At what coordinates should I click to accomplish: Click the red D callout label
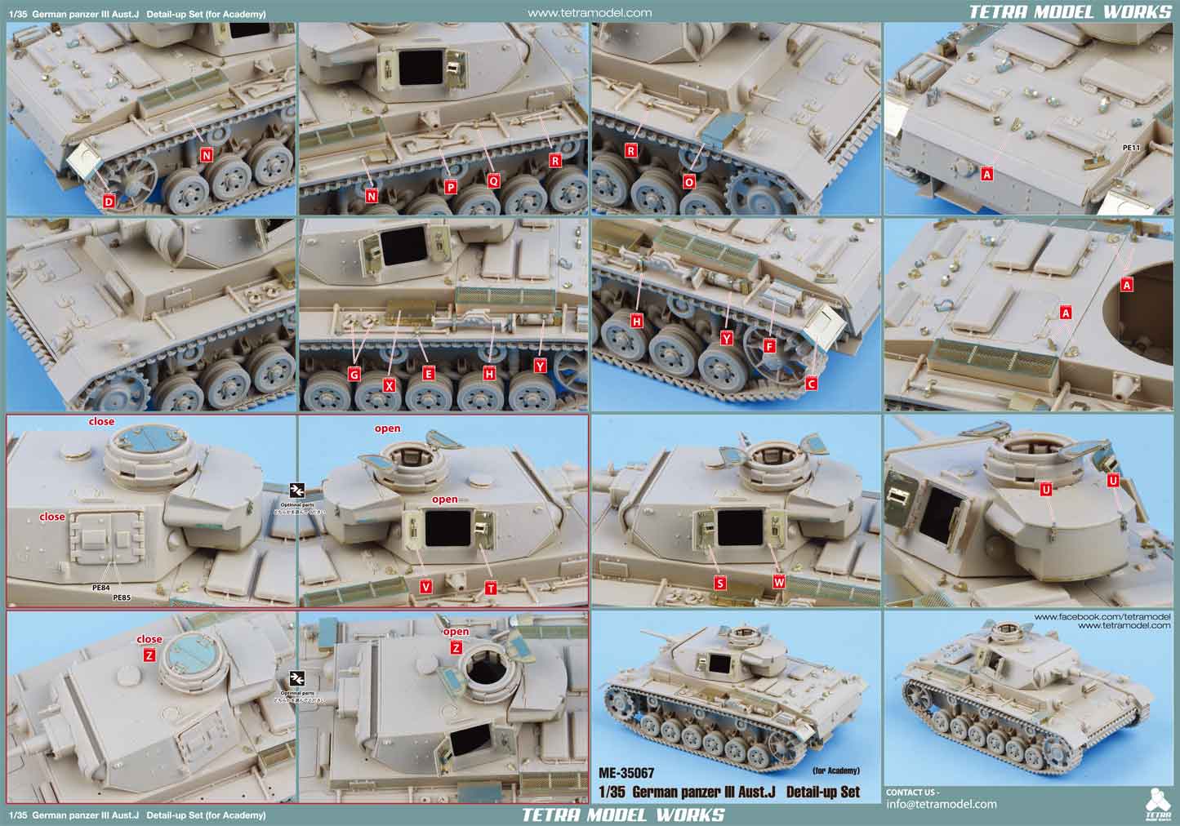(109, 201)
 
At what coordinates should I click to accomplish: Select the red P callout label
(451, 188)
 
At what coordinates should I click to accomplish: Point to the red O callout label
(689, 182)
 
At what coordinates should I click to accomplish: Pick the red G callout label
(354, 374)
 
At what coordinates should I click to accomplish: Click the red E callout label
(428, 374)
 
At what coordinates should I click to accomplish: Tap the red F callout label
(768, 346)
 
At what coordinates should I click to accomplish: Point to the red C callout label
(811, 383)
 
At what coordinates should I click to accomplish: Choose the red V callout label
(426, 587)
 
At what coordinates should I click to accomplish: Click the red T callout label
(490, 587)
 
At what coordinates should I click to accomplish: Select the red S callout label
(719, 583)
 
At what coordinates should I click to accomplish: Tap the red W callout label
(778, 583)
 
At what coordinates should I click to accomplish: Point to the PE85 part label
(122, 597)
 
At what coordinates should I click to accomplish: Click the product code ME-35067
(627, 772)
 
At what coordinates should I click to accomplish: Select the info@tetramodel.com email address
(942, 804)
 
